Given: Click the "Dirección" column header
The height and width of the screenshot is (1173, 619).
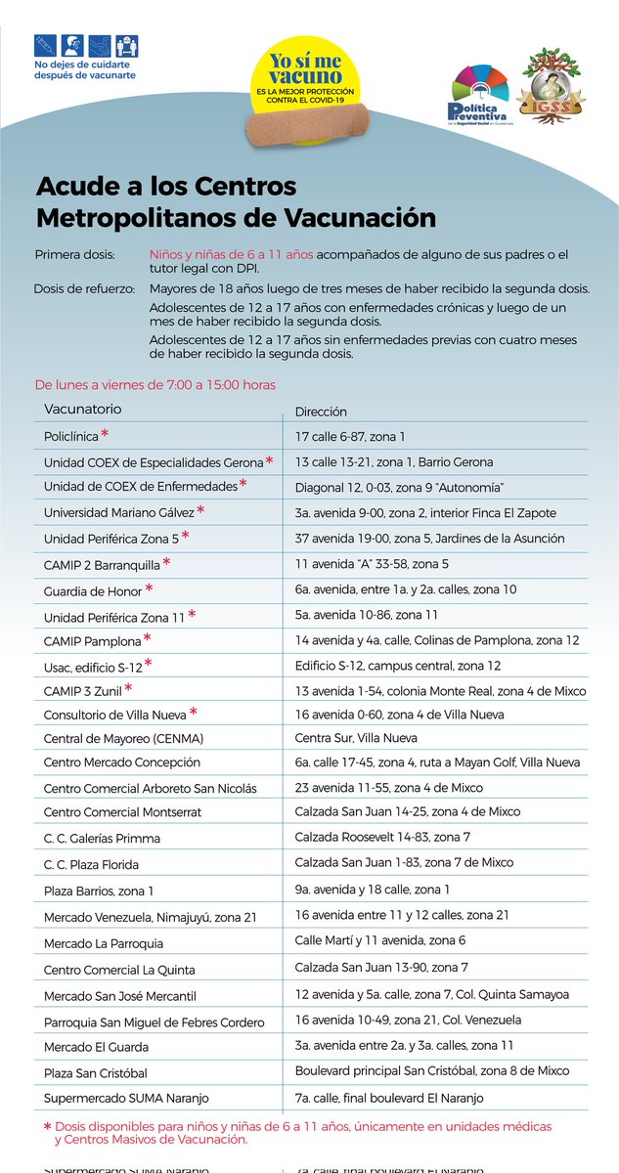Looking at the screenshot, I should tap(321, 412).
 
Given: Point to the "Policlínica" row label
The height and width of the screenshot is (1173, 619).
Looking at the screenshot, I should tap(71, 436).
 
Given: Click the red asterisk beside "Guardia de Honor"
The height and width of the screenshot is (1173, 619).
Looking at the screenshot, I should tap(149, 587).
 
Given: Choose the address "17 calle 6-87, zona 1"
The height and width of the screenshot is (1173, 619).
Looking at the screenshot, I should tap(350, 437).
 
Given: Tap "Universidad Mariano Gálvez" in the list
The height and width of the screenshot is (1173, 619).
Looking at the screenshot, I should tap(118, 512).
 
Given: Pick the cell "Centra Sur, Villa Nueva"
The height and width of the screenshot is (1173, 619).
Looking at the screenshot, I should tap(356, 738).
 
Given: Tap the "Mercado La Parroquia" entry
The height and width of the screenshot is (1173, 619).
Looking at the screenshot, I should tap(104, 943).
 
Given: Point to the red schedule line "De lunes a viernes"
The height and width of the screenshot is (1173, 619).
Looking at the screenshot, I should tap(155, 384).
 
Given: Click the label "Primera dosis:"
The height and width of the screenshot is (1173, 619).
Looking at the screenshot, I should tap(75, 254).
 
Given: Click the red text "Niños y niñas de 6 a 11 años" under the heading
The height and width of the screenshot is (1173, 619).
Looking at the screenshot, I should tap(231, 254).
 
